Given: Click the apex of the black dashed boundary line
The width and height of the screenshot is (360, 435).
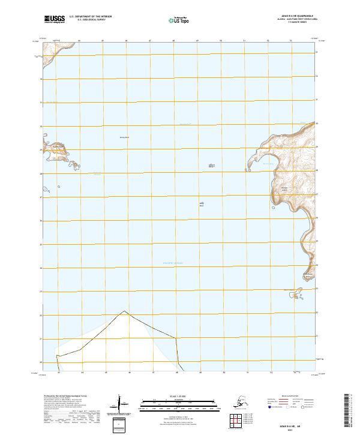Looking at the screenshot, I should click(x=124, y=311).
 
